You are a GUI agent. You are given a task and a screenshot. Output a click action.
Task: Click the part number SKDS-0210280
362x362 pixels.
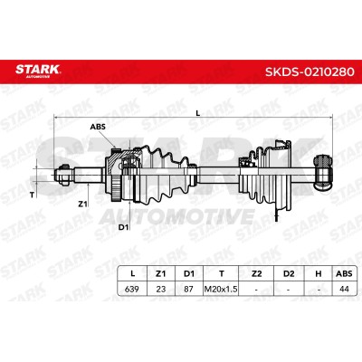[310, 71]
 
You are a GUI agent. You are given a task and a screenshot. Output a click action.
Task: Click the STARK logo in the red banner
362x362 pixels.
[38, 71]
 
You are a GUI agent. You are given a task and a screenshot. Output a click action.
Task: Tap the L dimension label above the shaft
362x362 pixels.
[198, 113]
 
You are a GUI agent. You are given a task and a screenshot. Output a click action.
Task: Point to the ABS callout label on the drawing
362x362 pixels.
[98, 127]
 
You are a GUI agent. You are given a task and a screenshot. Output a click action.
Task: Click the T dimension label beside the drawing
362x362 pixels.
[32, 195]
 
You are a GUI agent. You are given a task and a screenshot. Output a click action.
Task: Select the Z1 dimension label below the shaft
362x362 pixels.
[82, 205]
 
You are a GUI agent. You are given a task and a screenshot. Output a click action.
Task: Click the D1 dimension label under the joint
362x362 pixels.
[123, 227]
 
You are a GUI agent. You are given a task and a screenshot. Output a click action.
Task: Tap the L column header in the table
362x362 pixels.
[132, 273]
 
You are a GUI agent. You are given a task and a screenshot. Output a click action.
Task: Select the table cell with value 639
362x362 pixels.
[132, 289]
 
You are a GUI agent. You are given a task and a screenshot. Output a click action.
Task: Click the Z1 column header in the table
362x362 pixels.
[161, 273]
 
